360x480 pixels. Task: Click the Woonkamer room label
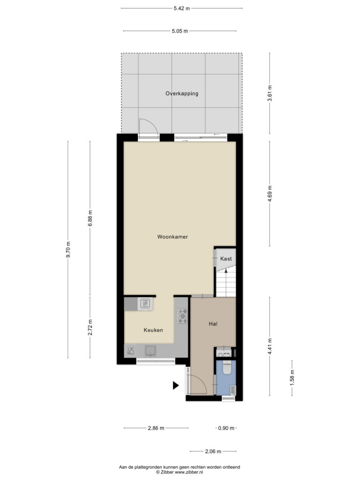coord(172,237)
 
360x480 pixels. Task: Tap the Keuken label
coord(153,330)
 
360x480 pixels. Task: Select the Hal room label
coord(213,323)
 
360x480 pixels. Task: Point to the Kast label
coord(226,259)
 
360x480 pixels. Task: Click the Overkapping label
coord(182,93)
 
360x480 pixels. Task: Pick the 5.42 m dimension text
coord(181,8)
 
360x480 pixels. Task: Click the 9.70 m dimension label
coord(68,249)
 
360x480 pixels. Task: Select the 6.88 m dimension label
coord(90,218)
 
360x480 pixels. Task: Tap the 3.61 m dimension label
coord(270,93)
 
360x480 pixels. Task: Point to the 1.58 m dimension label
coord(292,378)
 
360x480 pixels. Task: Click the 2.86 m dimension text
coord(156,428)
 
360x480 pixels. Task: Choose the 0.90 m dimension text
coord(226,428)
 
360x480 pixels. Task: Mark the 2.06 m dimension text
coord(213,451)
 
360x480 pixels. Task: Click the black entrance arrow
coord(175,385)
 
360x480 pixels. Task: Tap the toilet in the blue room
coord(226,367)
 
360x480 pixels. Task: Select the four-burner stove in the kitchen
coord(182,315)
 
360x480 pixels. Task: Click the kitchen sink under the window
coord(150,351)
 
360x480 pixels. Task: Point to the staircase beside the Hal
coord(226,282)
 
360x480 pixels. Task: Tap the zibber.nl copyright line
coord(180,472)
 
